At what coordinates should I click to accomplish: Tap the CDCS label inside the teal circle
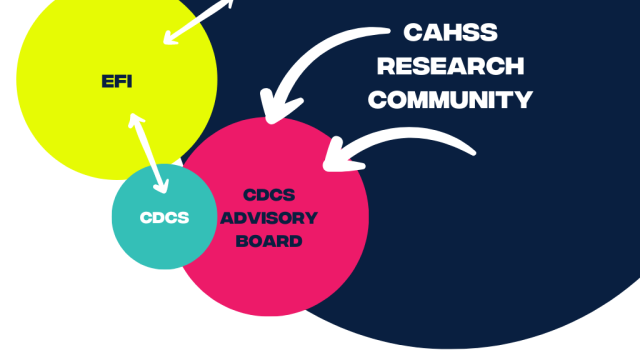[x=164, y=217]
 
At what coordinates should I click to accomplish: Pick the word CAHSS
[x=450, y=33]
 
